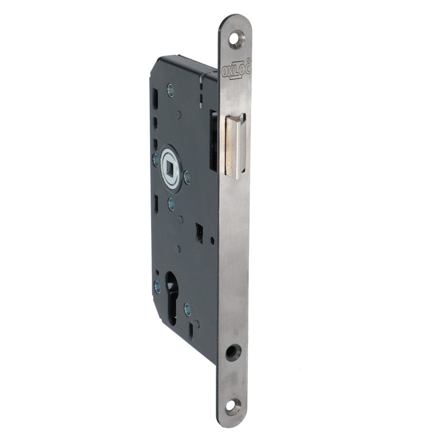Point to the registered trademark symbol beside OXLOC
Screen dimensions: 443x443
point(248,60)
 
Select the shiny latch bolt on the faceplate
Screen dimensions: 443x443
point(235,148)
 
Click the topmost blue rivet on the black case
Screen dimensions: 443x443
point(171,90)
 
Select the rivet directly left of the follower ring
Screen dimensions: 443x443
point(156,161)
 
